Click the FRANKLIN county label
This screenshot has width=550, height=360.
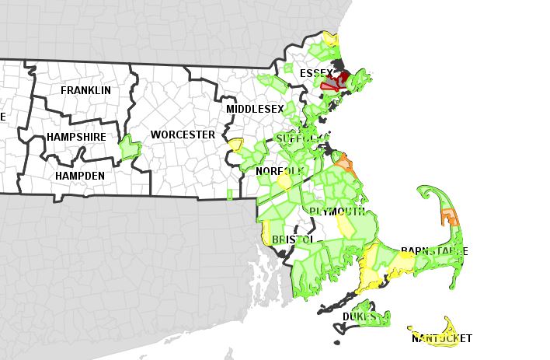point(85,90)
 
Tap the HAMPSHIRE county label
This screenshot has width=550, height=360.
point(77,136)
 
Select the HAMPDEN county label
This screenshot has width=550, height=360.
point(79,177)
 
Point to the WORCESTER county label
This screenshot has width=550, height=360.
point(183,135)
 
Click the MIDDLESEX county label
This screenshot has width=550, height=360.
point(255,109)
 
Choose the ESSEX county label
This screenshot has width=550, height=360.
point(316,73)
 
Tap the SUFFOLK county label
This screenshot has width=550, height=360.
point(298,138)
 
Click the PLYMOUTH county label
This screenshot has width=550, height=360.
point(337,211)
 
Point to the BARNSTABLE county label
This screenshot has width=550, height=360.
point(433,252)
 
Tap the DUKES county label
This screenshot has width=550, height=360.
point(359,316)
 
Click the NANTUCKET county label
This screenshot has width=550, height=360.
point(440,338)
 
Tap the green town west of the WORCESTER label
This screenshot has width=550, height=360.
point(128,146)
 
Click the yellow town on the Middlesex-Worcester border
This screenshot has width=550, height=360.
point(235,144)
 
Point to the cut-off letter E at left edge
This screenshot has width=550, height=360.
point(2,117)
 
